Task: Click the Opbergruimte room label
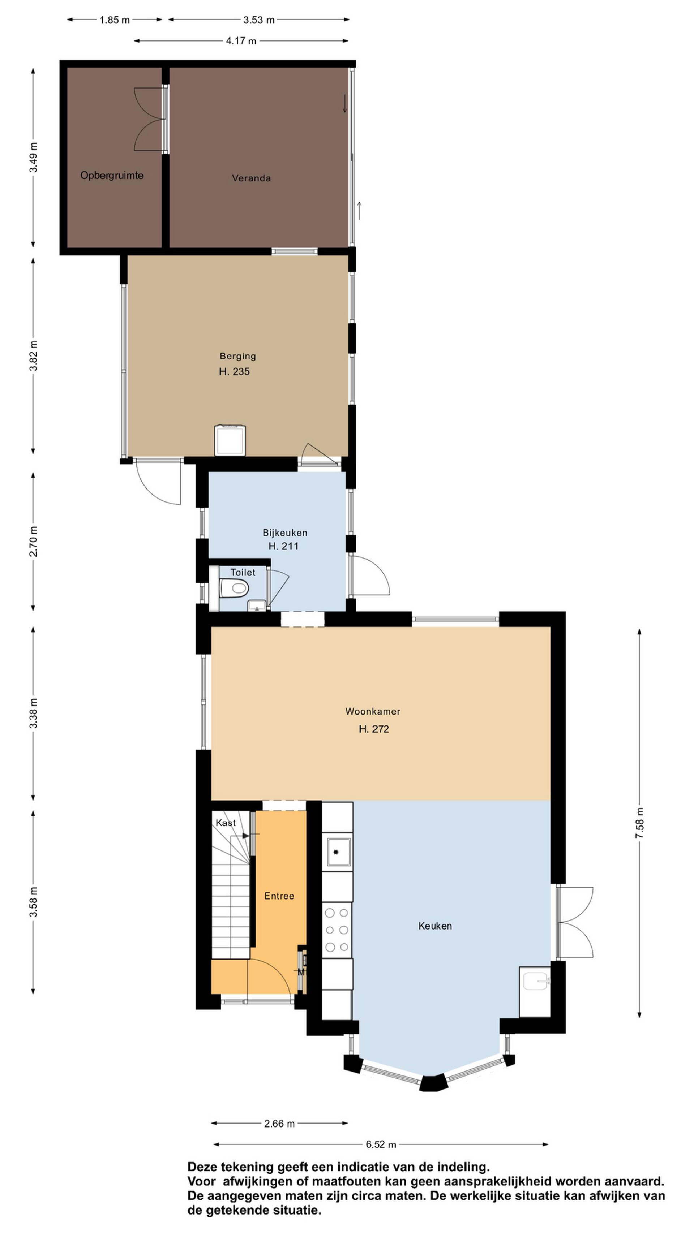112,176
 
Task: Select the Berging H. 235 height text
234,371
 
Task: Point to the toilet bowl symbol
234,588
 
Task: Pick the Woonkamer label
373,711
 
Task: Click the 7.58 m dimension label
639,822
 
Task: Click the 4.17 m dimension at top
241,41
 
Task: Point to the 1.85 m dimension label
115,20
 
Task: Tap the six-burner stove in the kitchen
337,930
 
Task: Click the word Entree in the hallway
279,896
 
